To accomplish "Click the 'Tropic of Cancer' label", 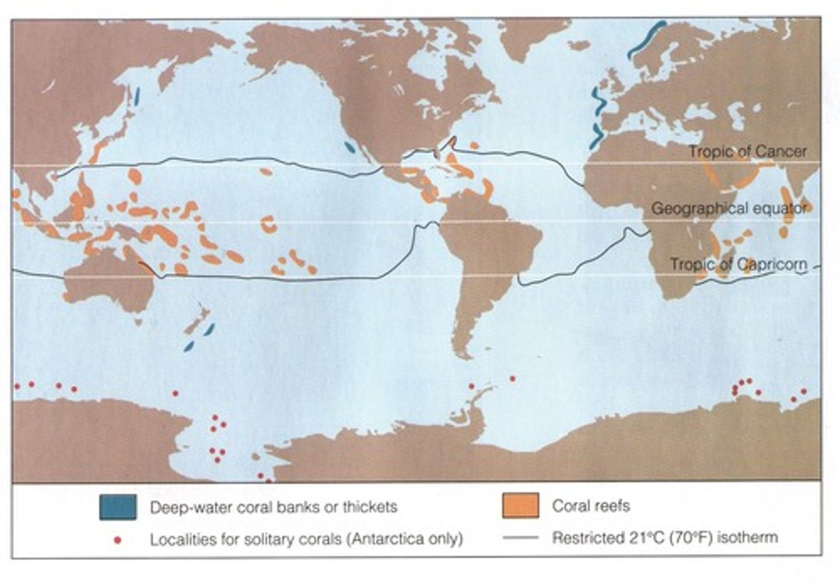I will click(x=747, y=152).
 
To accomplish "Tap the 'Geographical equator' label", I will click(x=729, y=208).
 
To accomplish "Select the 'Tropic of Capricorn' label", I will click(x=738, y=264).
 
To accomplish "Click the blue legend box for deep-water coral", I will click(x=118, y=507).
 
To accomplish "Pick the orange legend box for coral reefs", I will click(x=520, y=505).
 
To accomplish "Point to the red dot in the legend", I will click(x=118, y=540).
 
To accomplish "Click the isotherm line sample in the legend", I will click(x=520, y=537).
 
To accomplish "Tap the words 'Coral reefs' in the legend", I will click(x=591, y=505).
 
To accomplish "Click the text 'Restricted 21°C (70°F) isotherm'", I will click(x=665, y=537).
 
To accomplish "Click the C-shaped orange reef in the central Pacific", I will click(x=268, y=224).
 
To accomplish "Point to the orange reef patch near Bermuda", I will click(x=474, y=145).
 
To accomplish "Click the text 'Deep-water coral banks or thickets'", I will click(x=274, y=507).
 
